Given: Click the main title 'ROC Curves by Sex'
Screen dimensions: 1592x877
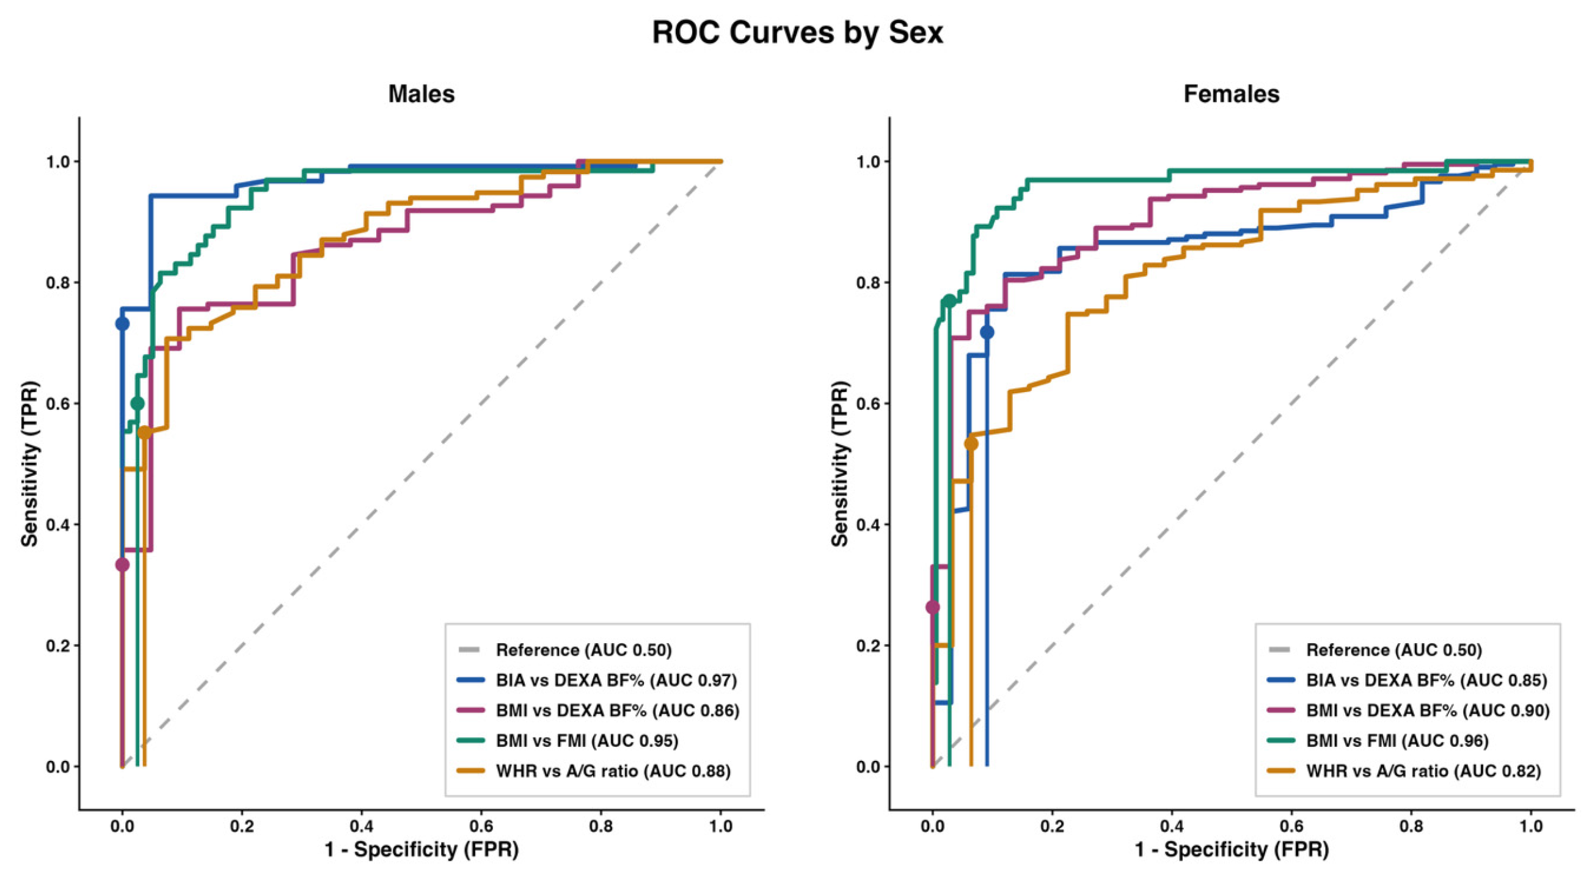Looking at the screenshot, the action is pyautogui.click(x=797, y=33).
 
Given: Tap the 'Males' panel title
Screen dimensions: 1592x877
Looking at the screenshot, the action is pyautogui.click(x=422, y=94).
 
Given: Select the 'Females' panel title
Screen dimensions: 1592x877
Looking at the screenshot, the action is pyautogui.click(x=1231, y=94).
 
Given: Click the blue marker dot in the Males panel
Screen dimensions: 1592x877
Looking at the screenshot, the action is pyautogui.click(x=122, y=323).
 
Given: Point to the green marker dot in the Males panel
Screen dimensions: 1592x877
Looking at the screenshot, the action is pyautogui.click(x=137, y=404).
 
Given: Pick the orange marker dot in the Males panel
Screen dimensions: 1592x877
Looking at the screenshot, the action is pyautogui.click(x=145, y=432).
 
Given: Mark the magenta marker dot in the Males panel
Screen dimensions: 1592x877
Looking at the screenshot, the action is pyautogui.click(x=122, y=564).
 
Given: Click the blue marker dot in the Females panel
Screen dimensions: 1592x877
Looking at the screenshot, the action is pyautogui.click(x=987, y=332).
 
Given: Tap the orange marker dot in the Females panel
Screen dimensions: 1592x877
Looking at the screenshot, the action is pyautogui.click(x=971, y=444).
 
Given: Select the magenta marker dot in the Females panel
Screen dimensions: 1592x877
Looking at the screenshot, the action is pyautogui.click(x=933, y=608).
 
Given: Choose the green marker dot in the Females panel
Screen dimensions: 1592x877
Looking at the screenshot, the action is pyautogui.click(x=949, y=301).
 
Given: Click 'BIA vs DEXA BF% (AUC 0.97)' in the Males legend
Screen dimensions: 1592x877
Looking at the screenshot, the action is pyautogui.click(x=616, y=680).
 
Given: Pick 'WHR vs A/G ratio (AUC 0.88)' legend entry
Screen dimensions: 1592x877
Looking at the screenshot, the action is pyautogui.click(x=613, y=771).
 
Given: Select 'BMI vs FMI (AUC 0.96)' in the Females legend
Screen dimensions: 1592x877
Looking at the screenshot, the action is pyautogui.click(x=1397, y=741).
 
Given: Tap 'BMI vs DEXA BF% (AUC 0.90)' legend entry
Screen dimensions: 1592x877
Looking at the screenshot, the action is pyautogui.click(x=1428, y=711).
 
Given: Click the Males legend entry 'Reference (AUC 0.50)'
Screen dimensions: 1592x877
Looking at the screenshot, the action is pyautogui.click(x=583, y=650).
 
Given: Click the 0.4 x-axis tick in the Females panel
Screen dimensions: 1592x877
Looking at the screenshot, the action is pyautogui.click(x=1172, y=826).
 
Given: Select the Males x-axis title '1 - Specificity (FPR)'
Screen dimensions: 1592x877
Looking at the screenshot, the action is pyautogui.click(x=422, y=850).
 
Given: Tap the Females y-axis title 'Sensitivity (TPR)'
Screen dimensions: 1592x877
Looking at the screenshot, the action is pyautogui.click(x=840, y=464).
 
